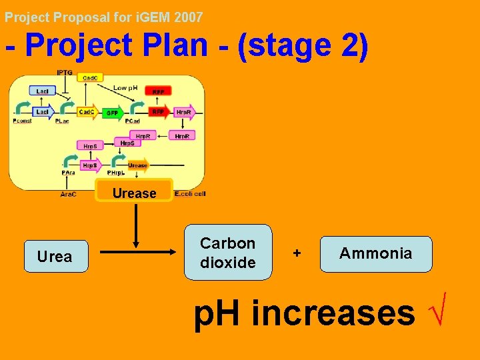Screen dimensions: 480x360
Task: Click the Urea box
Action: click(x=56, y=257)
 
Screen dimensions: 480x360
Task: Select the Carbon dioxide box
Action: click(x=228, y=253)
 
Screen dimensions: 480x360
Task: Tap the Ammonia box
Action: click(x=376, y=254)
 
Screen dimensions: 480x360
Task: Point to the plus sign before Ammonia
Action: click(x=297, y=254)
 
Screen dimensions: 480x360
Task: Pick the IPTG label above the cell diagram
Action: click(x=65, y=73)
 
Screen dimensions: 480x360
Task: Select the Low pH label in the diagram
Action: click(x=125, y=88)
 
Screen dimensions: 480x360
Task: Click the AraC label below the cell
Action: click(x=68, y=194)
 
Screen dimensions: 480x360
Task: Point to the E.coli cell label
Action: click(x=190, y=194)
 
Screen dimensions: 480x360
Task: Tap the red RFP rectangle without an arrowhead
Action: click(x=158, y=91)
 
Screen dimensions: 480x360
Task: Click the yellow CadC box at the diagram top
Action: click(x=89, y=78)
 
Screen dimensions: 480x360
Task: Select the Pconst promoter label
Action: click(x=22, y=122)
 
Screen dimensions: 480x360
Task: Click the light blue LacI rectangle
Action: click(x=42, y=90)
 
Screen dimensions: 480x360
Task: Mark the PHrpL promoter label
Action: click(x=117, y=172)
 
